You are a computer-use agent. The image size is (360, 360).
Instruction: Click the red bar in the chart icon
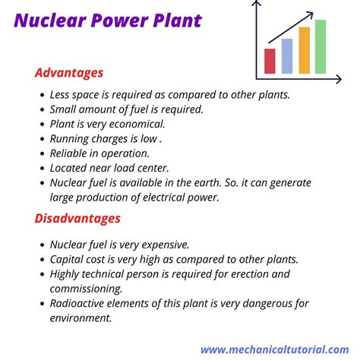[x=270, y=61]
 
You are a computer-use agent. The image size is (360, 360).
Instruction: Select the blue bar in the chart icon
[x=287, y=56]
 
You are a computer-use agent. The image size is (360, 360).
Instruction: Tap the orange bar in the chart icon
[x=304, y=50]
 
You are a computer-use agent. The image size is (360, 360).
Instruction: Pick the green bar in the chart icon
[x=321, y=46]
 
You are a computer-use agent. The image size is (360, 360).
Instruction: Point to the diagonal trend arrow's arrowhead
[x=311, y=14]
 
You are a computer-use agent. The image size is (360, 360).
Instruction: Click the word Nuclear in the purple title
[x=50, y=21]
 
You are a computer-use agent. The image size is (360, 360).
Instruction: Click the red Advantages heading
[x=69, y=73]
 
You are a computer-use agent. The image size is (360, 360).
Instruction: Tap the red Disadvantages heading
[x=77, y=218]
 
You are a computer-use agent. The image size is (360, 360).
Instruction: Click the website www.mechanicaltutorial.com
[x=275, y=349]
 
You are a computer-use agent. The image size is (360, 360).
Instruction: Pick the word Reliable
[x=68, y=153]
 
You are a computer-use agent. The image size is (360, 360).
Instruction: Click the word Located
[x=68, y=168]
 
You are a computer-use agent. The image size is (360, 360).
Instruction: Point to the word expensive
[x=166, y=245]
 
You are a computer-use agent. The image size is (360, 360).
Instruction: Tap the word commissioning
[x=86, y=289]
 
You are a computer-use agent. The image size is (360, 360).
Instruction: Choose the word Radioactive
[x=77, y=303]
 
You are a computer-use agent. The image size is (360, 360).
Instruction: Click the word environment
[x=81, y=318]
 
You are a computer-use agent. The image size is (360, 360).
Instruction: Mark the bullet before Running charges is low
[x=43, y=139]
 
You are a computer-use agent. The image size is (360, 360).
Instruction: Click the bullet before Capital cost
[x=43, y=260]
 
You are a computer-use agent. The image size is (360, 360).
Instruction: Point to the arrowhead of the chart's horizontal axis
[x=339, y=79]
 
